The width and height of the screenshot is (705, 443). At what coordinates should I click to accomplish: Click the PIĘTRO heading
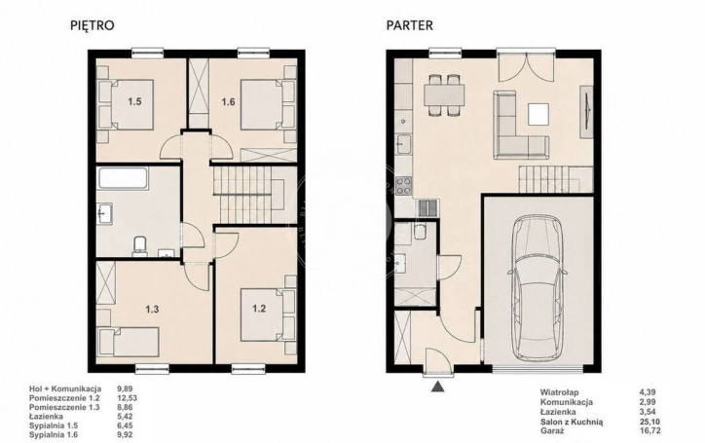(93, 25)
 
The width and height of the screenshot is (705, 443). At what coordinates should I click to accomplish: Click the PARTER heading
(410, 25)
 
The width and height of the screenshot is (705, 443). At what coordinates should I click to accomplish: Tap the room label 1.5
(134, 101)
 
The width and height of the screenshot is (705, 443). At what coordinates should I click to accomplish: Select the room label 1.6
(228, 101)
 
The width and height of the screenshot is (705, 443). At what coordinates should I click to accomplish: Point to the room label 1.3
(152, 309)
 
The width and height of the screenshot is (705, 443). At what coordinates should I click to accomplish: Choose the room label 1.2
(259, 309)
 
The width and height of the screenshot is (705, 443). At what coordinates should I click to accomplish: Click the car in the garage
(538, 287)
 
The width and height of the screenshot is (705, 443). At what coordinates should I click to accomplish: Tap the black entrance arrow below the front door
(437, 387)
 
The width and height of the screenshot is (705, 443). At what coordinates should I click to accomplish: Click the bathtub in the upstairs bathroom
(123, 179)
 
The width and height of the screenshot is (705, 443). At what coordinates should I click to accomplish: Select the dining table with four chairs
(445, 94)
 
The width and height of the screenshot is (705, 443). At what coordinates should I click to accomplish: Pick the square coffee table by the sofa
(538, 114)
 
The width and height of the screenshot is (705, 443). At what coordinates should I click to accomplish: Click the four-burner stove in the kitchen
(404, 186)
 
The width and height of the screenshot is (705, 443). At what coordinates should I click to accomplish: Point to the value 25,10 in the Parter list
(649, 422)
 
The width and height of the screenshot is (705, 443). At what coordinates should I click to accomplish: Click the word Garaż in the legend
(552, 431)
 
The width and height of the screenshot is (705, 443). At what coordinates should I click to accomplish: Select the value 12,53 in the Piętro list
(127, 398)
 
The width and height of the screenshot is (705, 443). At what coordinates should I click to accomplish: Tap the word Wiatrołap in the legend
(559, 392)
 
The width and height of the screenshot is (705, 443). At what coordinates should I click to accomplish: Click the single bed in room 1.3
(130, 342)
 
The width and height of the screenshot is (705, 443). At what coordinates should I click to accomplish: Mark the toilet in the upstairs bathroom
(140, 245)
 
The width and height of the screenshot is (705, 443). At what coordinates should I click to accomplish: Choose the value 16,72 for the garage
(649, 431)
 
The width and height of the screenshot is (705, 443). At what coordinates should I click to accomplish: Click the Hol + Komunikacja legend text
(65, 388)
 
